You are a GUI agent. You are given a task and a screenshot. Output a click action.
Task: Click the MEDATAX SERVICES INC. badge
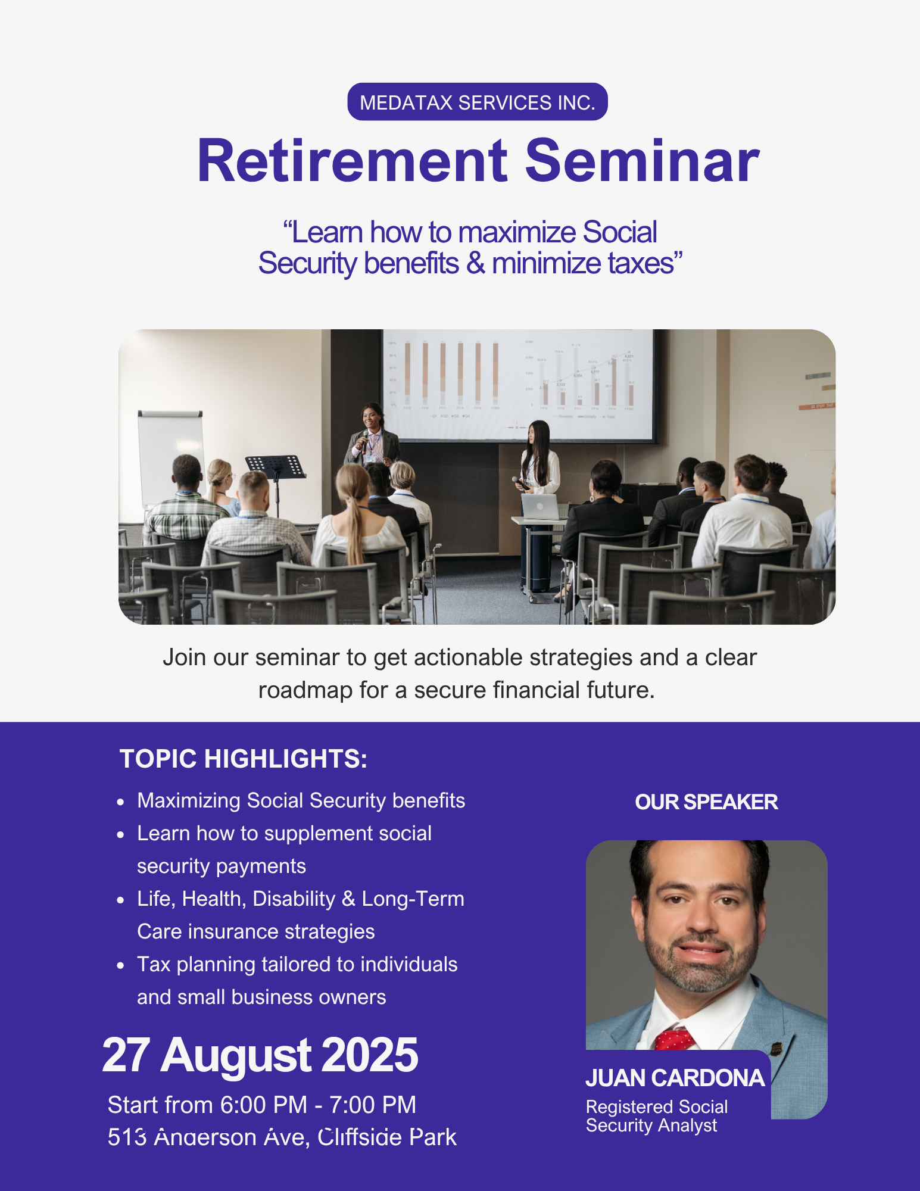click(x=478, y=102)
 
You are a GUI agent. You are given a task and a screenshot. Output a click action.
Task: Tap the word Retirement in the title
click(x=353, y=161)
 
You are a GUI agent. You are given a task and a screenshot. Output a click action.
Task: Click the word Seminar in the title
click(x=642, y=161)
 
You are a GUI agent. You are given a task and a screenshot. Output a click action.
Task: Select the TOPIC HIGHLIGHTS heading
click(x=244, y=759)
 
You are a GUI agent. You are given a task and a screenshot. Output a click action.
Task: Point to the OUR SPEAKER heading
click(x=706, y=802)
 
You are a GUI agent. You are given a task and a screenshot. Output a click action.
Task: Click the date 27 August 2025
click(x=260, y=1055)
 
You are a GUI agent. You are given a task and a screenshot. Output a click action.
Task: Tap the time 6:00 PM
click(x=264, y=1105)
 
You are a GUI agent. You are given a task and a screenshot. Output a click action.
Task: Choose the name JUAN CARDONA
click(x=675, y=1078)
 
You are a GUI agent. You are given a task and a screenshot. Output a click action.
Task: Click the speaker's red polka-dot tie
click(x=675, y=1039)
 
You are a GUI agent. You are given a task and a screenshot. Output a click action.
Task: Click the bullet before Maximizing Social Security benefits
click(x=121, y=802)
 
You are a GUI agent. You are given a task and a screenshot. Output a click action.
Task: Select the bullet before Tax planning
click(x=121, y=966)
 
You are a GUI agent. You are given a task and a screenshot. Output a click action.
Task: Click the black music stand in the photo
click(x=276, y=476)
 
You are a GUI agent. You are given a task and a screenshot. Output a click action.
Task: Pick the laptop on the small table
click(x=540, y=507)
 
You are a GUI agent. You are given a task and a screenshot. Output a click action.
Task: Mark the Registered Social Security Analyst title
click(x=657, y=1116)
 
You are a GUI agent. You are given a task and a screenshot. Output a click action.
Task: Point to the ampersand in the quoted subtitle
click(x=475, y=263)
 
